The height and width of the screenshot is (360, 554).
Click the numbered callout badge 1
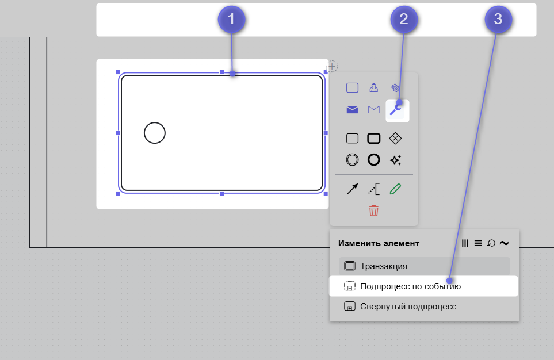(231, 20)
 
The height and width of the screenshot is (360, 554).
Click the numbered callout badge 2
(404, 20)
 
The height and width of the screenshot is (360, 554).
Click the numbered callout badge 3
(498, 20)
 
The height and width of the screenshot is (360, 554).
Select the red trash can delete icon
(373, 210)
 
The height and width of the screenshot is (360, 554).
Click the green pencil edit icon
(395, 189)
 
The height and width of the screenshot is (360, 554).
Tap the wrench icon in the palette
(396, 109)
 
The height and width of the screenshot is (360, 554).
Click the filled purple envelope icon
(352, 110)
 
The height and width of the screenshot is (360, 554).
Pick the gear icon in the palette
(395, 87)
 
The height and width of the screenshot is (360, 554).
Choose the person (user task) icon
(373, 87)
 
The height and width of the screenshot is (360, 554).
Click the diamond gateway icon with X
(395, 139)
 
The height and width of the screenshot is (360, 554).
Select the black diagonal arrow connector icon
(352, 189)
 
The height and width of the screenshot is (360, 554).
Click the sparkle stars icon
(395, 160)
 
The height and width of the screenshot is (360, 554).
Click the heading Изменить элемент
(379, 243)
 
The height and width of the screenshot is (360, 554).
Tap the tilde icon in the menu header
(505, 243)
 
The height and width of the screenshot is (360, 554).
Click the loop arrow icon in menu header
(491, 243)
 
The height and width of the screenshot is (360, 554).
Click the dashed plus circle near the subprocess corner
(332, 66)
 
